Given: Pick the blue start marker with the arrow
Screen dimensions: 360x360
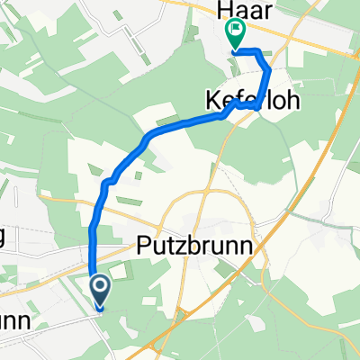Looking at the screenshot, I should pos(100,290).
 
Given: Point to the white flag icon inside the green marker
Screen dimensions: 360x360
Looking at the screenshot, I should pos(235,32).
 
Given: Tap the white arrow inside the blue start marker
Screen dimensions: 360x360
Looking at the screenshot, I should pos(100,287).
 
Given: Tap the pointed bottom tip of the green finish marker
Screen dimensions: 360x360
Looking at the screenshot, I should pos(235,50).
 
